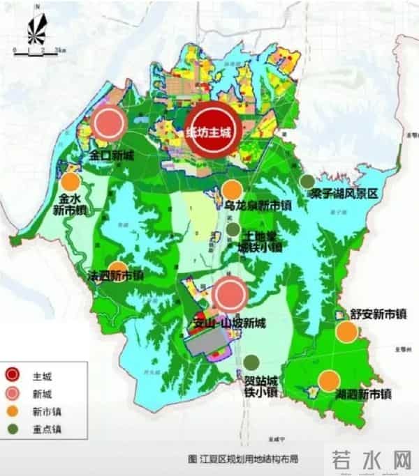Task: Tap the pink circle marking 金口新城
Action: [109, 124]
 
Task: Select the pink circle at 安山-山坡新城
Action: [230, 294]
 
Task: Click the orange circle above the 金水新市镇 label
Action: [70, 183]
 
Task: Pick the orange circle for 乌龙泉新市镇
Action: [233, 189]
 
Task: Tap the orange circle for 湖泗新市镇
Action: [330, 380]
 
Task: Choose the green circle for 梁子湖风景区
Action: [306, 181]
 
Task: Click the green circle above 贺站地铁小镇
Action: [251, 362]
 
